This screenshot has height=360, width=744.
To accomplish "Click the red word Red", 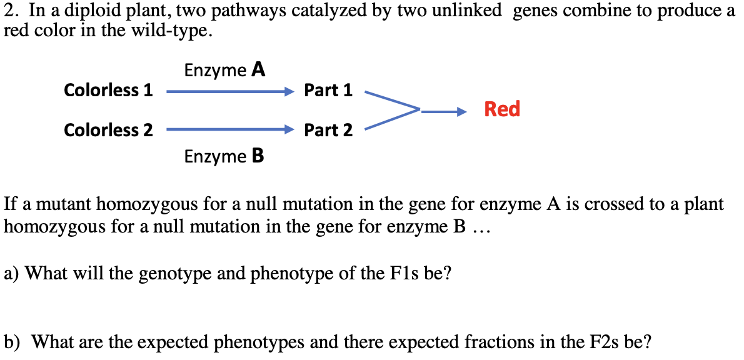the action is tap(502, 109).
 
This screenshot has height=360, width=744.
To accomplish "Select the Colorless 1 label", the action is tap(108, 90).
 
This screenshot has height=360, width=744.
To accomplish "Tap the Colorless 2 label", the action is tap(108, 130).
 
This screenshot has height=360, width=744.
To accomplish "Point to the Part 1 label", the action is tap(328, 90).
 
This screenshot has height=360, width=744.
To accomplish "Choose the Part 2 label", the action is tap(328, 130).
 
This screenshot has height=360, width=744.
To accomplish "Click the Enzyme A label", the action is tap(224, 70).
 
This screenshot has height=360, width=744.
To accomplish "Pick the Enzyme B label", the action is tap(224, 156).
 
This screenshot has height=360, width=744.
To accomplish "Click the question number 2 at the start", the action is tap(9, 11).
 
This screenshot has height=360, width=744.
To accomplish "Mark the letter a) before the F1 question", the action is tap(11, 273).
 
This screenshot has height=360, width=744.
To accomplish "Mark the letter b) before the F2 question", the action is tap(12, 342).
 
